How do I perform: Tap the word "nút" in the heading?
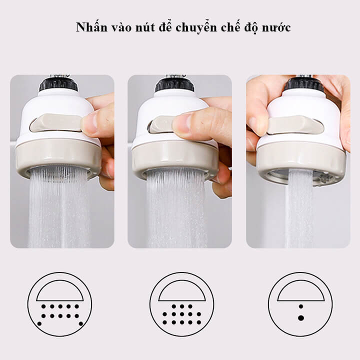tap(145, 27)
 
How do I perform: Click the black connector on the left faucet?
tap(58, 83)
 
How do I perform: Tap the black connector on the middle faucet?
tap(174, 84)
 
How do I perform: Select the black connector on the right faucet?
tap(303, 83)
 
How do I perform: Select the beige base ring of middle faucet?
tap(174, 158)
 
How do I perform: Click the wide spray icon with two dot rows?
tap(59, 304)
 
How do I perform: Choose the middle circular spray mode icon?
tap(181, 304)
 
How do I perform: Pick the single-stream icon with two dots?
tap(300, 304)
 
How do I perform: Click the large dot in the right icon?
tap(300, 317)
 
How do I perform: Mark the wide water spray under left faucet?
tap(58, 210)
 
